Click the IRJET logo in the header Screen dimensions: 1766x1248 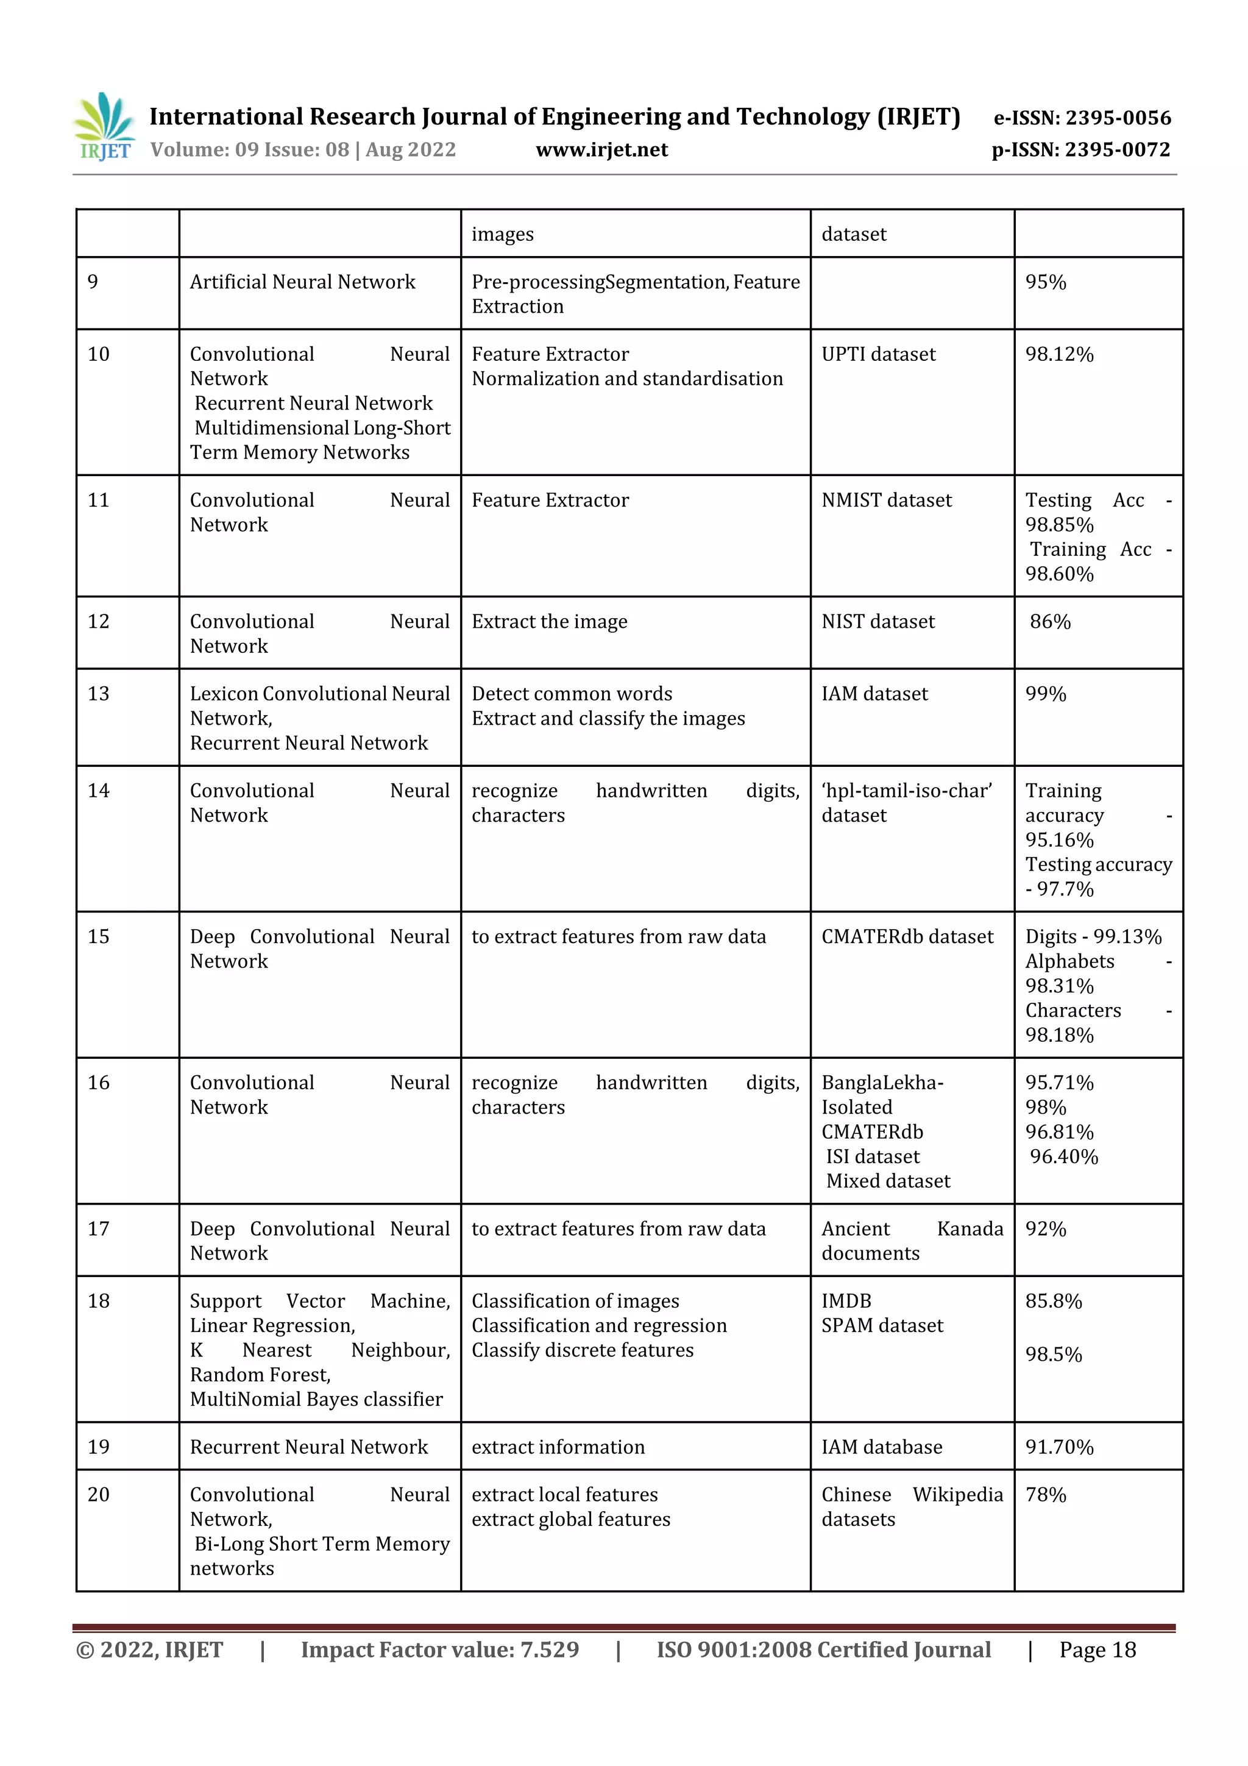tap(104, 127)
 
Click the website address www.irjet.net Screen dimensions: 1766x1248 tap(601, 150)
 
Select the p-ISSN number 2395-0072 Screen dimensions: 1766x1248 tap(1117, 150)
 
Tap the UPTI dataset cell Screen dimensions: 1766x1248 tap(878, 355)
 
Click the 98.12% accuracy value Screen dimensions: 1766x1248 tap(1059, 355)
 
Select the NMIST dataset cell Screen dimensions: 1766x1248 tap(886, 500)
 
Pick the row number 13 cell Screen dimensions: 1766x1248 tap(99, 694)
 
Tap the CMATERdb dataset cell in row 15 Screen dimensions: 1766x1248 tap(907, 937)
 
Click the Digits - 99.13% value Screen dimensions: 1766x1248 tap(1093, 937)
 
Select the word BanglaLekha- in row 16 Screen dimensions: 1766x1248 tap(882, 1083)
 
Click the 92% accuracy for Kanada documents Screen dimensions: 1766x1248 tap(1046, 1229)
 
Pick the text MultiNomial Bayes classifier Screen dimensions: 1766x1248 tap(316, 1399)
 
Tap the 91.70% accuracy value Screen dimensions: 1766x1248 tap(1059, 1448)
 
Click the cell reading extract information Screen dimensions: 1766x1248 tap(558, 1448)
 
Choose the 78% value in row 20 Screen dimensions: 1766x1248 tap(1046, 1495)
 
